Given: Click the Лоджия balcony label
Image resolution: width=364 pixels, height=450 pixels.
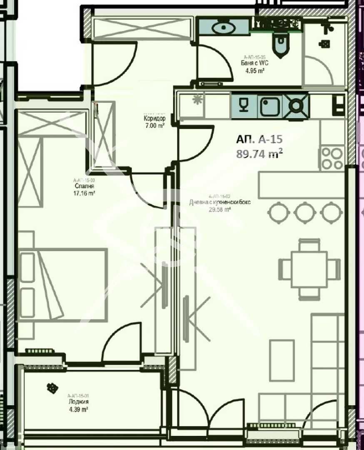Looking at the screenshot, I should pyautogui.click(x=78, y=402).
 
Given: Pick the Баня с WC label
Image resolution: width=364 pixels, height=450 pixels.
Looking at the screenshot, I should pyautogui.click(x=254, y=63).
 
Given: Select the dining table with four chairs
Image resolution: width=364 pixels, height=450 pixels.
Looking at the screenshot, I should pyautogui.click(x=309, y=269).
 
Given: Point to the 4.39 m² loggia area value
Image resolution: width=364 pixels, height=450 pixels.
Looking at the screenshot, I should pyautogui.click(x=78, y=410).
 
